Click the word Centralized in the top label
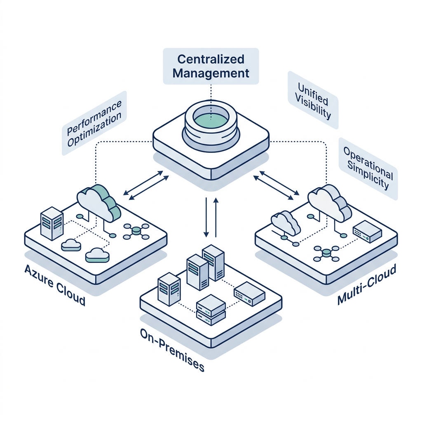click(211, 59)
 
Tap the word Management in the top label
click(211, 73)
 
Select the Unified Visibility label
click(313, 101)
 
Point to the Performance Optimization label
click(94, 123)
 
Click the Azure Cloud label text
click(55, 285)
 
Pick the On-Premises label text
click(172, 350)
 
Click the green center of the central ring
click(211, 119)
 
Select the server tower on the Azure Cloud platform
click(52, 223)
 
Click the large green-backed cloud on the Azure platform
click(98, 203)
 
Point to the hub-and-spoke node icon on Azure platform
click(136, 231)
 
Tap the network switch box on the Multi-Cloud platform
click(367, 232)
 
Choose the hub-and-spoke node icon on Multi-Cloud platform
click(326, 253)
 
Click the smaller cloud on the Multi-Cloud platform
click(286, 223)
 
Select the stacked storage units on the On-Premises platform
click(211, 310)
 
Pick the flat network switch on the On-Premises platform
click(249, 294)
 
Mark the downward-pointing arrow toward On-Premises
click(206, 217)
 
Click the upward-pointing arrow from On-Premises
click(216, 218)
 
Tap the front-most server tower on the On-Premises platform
click(169, 289)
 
